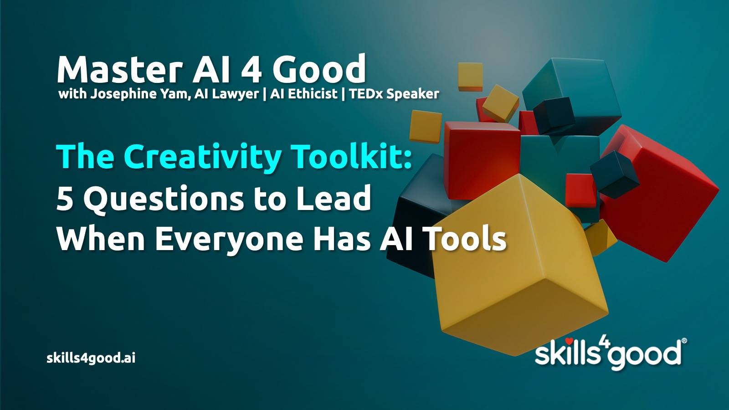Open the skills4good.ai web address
tap(91, 358)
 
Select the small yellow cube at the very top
tap(470, 77)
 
